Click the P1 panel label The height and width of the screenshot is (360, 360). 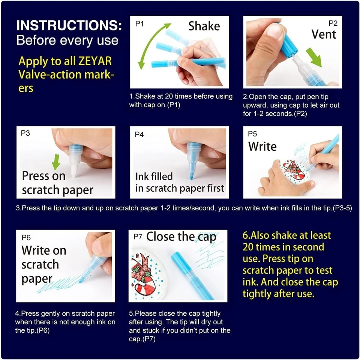(x=139, y=24)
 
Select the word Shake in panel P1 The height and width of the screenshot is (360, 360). (x=204, y=26)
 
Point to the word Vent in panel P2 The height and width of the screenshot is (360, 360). (x=324, y=34)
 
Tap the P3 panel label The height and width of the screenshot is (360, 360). (x=25, y=133)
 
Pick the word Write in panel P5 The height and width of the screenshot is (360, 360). (x=262, y=146)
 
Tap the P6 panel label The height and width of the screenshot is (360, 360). (x=26, y=238)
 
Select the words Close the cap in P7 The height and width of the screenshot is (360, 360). (x=181, y=237)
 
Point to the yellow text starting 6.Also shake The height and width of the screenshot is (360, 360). (x=290, y=264)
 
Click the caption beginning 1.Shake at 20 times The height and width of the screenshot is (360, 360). (x=181, y=100)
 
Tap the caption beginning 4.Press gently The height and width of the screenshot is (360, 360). (x=65, y=322)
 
